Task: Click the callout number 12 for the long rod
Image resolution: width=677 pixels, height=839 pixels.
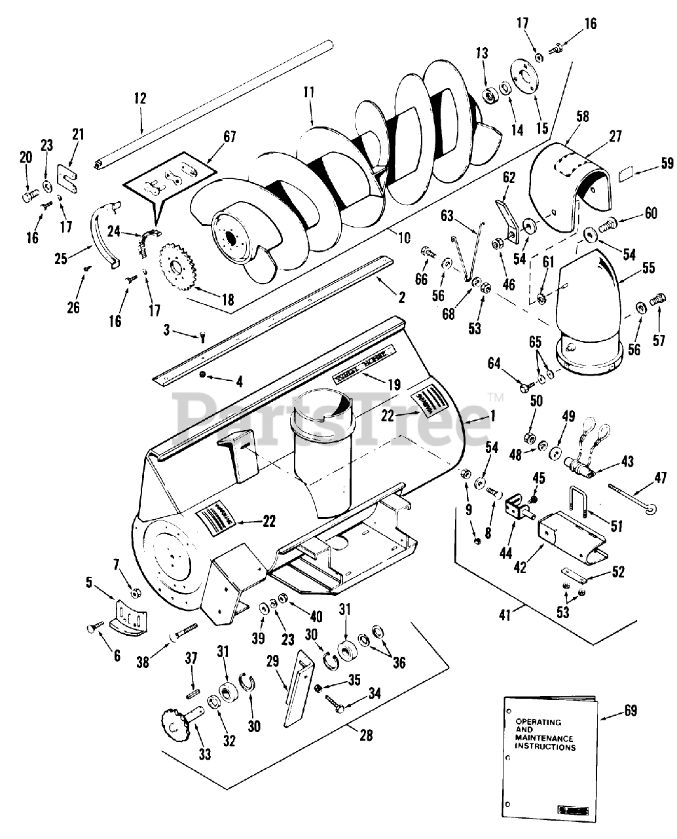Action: (x=139, y=98)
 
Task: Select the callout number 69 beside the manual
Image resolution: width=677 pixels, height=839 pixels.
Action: (x=630, y=711)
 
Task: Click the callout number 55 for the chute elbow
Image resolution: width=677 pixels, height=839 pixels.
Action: (x=648, y=267)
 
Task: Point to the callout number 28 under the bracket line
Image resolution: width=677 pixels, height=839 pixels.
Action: (x=365, y=735)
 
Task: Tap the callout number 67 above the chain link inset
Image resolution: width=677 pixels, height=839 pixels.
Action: (x=229, y=137)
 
